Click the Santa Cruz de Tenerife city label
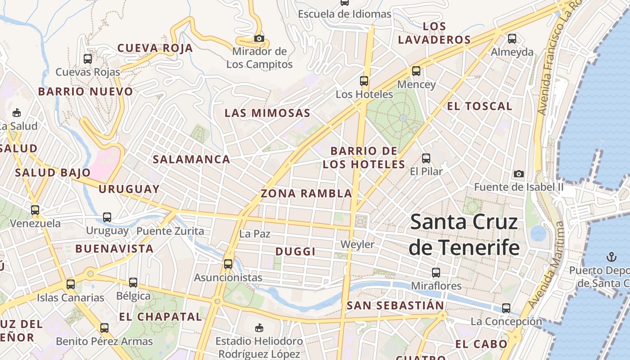464,235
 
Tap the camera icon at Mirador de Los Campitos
259,38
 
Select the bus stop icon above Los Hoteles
364,81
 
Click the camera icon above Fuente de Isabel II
519,174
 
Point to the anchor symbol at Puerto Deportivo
611,257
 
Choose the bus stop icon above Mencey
416,71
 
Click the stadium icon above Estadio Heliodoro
259,328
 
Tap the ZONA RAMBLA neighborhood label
306,193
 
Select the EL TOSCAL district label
479,106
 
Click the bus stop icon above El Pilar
426,158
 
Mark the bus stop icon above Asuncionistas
228,264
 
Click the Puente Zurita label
170,231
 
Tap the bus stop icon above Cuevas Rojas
88,58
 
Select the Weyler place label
357,244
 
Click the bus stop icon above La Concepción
506,308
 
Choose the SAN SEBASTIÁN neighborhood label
396,306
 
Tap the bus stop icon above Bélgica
133,283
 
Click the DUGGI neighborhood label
295,252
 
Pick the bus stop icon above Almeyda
512,39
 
